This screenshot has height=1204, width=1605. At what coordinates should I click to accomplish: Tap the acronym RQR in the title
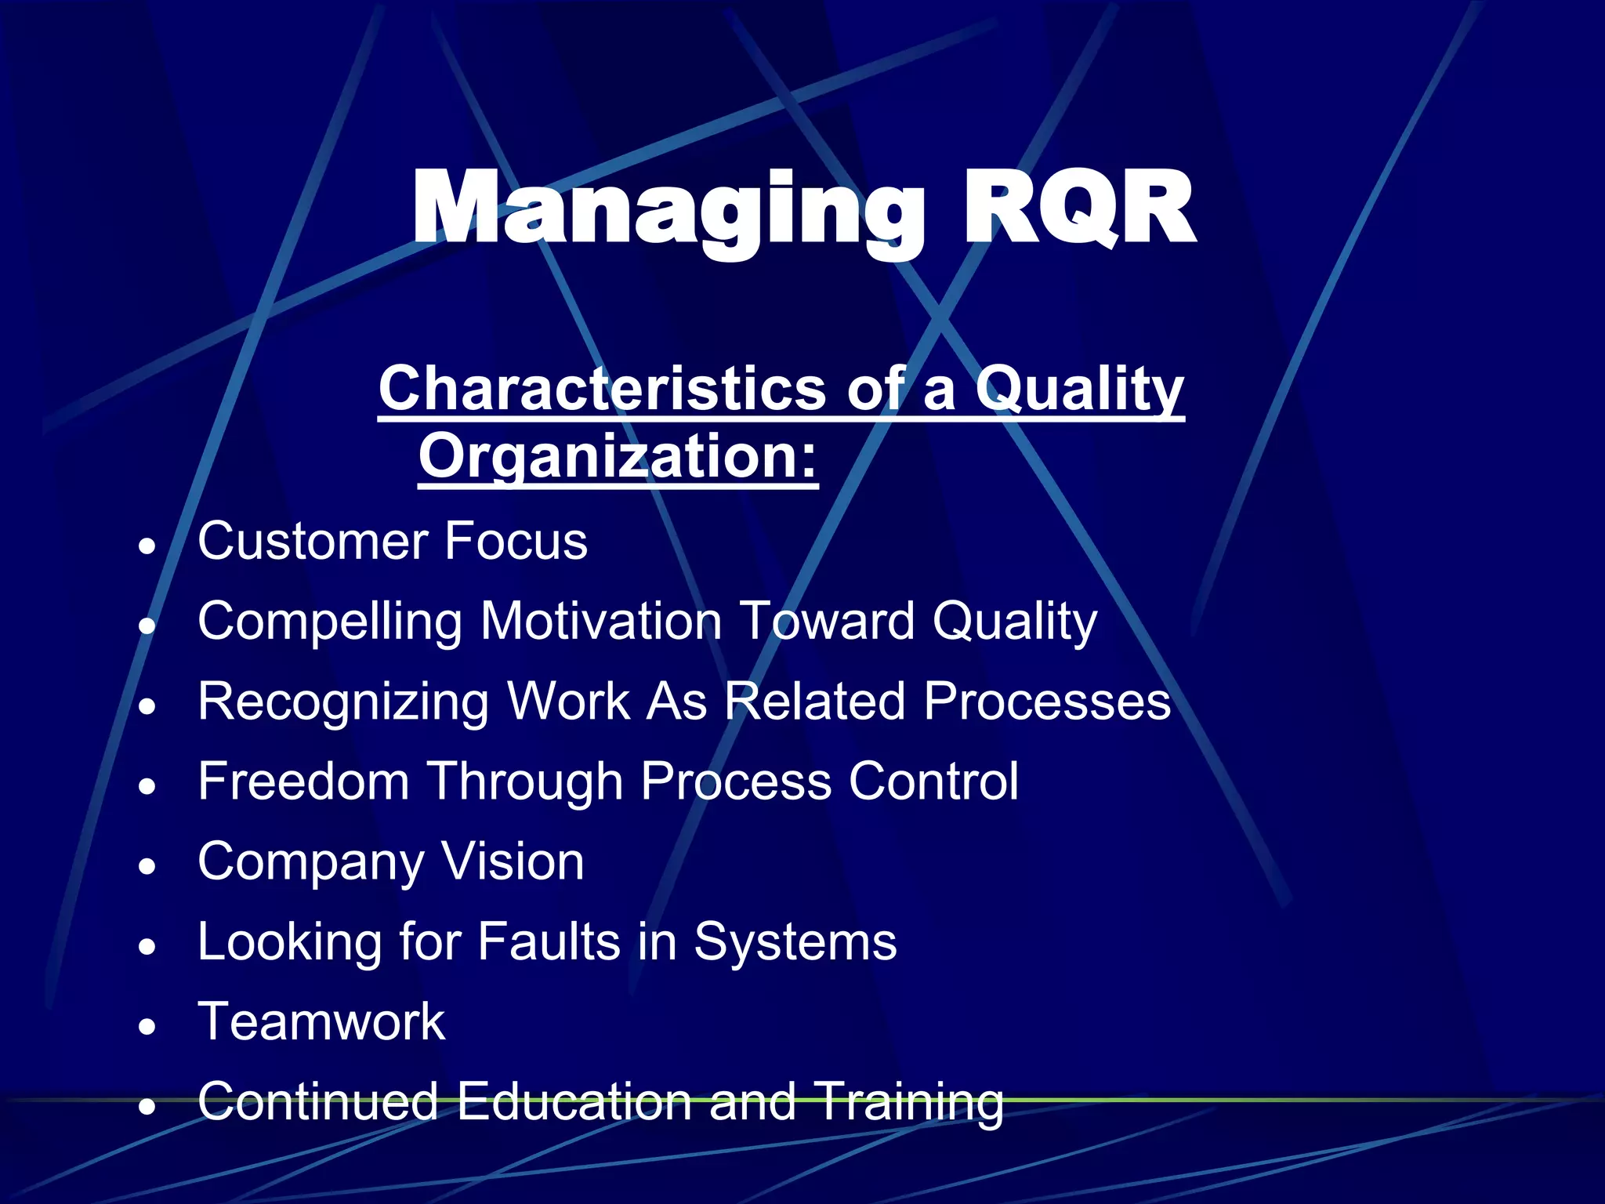point(1078,210)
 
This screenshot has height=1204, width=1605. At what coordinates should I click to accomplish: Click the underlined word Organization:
point(618,456)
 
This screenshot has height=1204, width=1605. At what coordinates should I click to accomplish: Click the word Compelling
point(330,622)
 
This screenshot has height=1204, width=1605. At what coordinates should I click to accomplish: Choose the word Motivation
point(600,621)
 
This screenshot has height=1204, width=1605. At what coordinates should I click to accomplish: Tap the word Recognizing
point(343,702)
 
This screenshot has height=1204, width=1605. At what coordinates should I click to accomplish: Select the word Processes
point(1047,701)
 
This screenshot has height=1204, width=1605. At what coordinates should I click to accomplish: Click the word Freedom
point(304,782)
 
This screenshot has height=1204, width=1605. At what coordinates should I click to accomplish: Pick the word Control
point(933,782)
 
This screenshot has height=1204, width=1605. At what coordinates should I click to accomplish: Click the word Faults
point(549,941)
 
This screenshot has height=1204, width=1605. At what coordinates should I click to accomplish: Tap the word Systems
point(795,943)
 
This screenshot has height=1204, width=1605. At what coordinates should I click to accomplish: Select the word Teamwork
point(321,1021)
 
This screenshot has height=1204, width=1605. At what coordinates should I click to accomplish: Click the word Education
point(574,1101)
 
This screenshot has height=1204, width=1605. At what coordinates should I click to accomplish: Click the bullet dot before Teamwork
point(147,1026)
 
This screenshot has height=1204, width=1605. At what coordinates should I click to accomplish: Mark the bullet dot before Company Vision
point(147,866)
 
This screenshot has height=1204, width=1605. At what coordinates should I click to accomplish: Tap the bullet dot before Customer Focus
point(147,546)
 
